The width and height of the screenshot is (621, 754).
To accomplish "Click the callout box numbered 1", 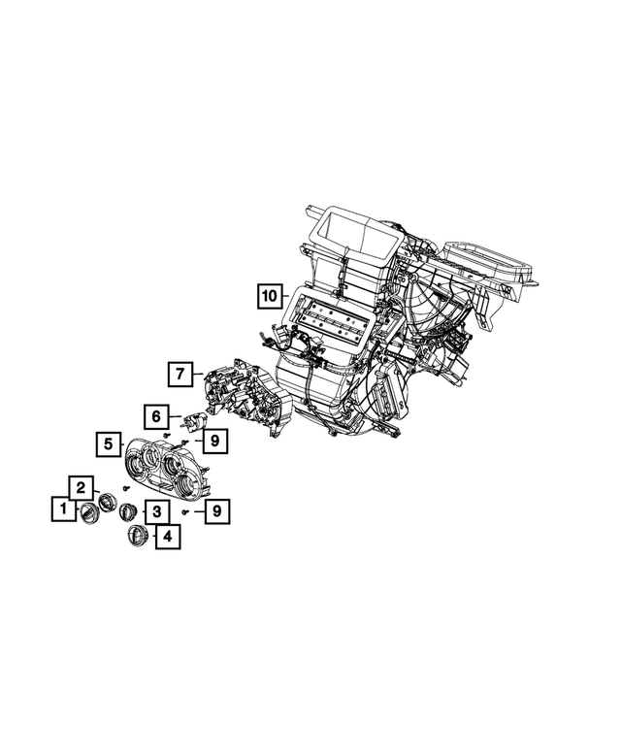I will click(62, 508).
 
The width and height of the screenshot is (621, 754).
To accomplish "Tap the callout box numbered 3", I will click(154, 510).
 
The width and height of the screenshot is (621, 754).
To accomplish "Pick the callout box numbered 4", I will click(167, 535).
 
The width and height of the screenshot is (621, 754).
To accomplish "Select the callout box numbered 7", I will click(179, 373).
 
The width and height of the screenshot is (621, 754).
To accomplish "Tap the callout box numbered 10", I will click(270, 294).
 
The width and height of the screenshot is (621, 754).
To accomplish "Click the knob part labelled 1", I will click(87, 511).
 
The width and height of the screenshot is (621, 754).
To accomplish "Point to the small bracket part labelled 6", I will click(194, 423).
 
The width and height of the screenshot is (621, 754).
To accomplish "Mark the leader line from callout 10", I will click(288, 295).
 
